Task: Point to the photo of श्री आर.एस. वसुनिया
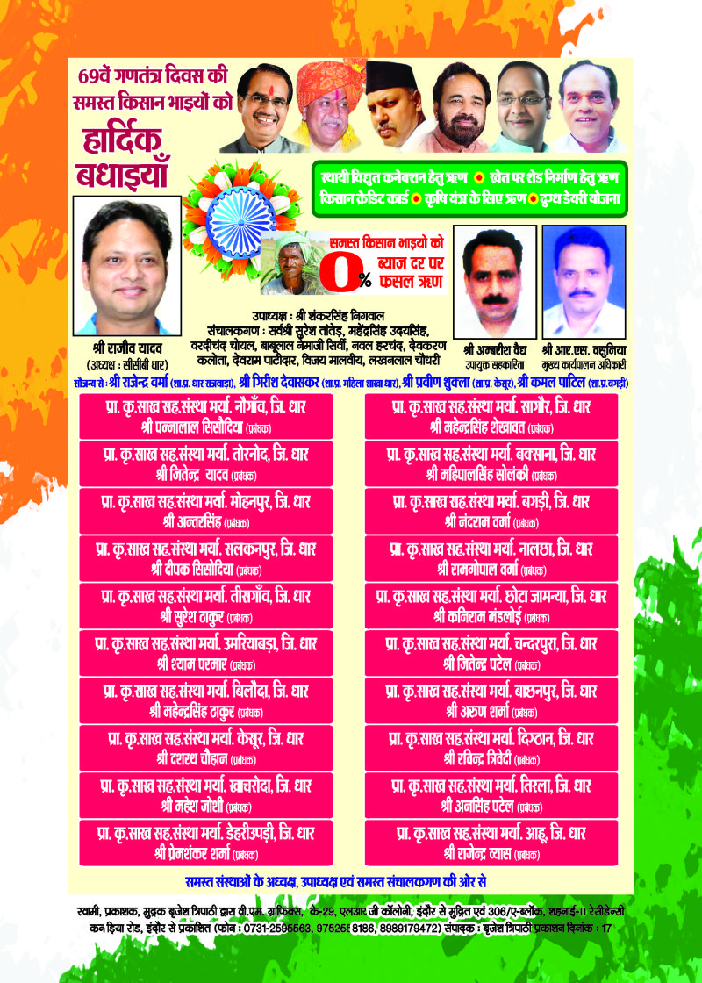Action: [x=584, y=275]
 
